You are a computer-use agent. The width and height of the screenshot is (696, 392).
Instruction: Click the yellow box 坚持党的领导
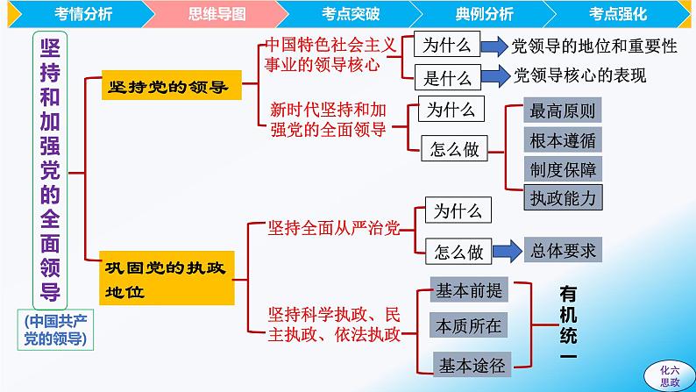167,86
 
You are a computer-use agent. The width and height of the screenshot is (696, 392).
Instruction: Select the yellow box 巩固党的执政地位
167,280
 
